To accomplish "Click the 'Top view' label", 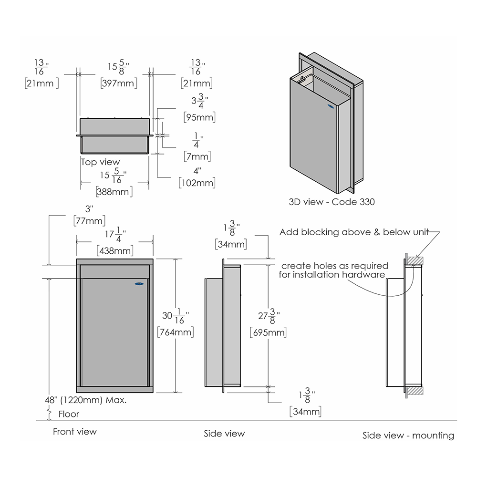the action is pyautogui.click(x=100, y=162).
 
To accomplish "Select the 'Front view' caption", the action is pyautogui.click(x=75, y=432).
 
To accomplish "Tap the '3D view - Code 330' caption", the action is pyautogui.click(x=332, y=202).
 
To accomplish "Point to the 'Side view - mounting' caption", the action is pyautogui.click(x=408, y=436).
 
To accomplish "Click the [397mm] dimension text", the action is pyautogui.click(x=119, y=83).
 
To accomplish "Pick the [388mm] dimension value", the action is pyautogui.click(x=114, y=192).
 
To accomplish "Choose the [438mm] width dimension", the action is pyautogui.click(x=115, y=251).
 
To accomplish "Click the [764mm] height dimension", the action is pyautogui.click(x=176, y=332).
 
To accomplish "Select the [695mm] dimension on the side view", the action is pyautogui.click(x=268, y=332).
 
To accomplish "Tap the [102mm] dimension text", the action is pyautogui.click(x=197, y=183).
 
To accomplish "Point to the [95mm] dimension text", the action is pyautogui.click(x=199, y=117).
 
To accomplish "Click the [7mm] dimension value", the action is pyautogui.click(x=197, y=156).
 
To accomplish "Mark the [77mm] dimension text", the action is pyautogui.click(x=90, y=220).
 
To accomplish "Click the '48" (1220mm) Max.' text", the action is pyautogui.click(x=85, y=400).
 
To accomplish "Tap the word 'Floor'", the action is pyautogui.click(x=69, y=414).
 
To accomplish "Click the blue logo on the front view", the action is pyautogui.click(x=139, y=284).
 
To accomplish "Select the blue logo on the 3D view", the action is pyautogui.click(x=330, y=106).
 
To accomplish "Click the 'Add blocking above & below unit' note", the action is pyautogui.click(x=354, y=232).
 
